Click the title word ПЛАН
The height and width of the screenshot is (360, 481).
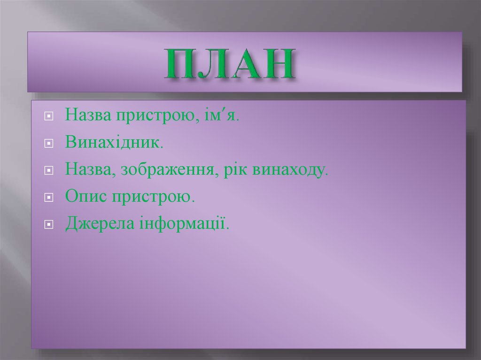tap(231, 63)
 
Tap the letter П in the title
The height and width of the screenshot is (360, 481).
tap(180, 63)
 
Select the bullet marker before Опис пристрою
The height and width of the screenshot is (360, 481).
tap(48, 198)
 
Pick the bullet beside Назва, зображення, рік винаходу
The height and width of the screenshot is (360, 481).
tap(48, 170)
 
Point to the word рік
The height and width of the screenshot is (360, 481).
tap(235, 170)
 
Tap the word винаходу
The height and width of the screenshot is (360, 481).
tap(288, 170)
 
